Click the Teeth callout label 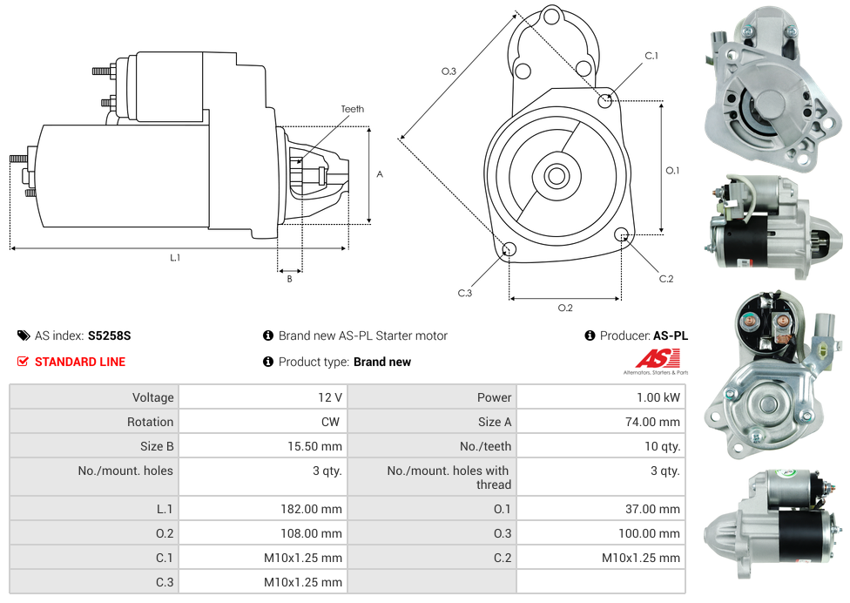tap(352, 109)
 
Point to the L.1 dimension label tap(175, 257)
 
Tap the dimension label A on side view tap(380, 174)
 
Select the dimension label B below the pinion tap(289, 279)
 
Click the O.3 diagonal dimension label tap(449, 71)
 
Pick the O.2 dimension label tap(565, 308)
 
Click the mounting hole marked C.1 tap(606, 100)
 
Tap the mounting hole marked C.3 tap(509, 251)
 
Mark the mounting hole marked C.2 tap(622, 234)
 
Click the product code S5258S tap(109, 335)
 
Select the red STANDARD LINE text tap(80, 362)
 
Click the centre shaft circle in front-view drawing tap(556, 176)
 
